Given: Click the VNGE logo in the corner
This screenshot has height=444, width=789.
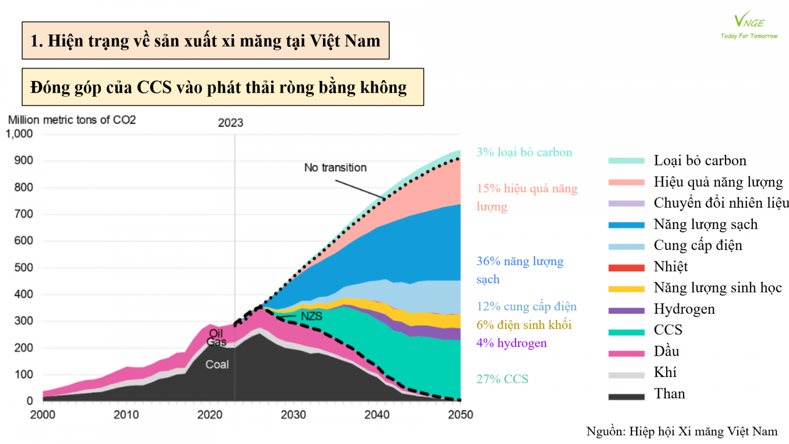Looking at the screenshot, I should pyautogui.click(x=749, y=25).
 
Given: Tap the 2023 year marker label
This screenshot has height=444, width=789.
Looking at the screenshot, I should pyautogui.click(x=230, y=123).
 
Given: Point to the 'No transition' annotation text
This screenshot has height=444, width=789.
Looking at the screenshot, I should pyautogui.click(x=335, y=168).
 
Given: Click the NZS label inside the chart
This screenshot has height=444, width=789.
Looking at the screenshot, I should pyautogui.click(x=312, y=316).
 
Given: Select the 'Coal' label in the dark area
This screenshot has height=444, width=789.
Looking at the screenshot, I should pyautogui.click(x=217, y=365).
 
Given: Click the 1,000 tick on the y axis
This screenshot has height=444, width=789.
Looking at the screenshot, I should pyautogui.click(x=19, y=134).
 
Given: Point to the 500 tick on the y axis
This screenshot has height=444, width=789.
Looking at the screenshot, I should pyautogui.click(x=23, y=267).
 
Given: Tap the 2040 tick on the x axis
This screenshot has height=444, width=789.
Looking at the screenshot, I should pyautogui.click(x=377, y=415).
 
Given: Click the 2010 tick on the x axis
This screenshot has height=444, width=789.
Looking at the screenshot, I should pyautogui.click(x=126, y=415).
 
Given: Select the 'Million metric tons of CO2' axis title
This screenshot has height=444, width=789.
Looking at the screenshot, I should pyautogui.click(x=72, y=120).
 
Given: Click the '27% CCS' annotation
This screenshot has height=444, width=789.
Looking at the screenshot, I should pyautogui.click(x=502, y=379).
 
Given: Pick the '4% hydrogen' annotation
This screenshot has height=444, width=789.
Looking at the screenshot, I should pyautogui.click(x=511, y=343).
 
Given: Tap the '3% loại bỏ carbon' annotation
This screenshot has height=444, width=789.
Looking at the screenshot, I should pyautogui.click(x=524, y=152).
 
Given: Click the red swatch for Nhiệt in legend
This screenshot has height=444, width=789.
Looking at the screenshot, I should pyautogui.click(x=626, y=268).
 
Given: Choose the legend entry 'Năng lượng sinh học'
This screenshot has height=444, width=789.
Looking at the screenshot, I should pyautogui.click(x=717, y=288).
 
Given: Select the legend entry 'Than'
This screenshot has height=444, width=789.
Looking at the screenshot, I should pyautogui.click(x=669, y=394).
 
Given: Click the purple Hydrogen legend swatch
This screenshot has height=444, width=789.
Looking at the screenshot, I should pyautogui.click(x=626, y=310).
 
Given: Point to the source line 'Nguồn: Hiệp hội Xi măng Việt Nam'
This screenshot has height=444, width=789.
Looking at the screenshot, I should pyautogui.click(x=681, y=432).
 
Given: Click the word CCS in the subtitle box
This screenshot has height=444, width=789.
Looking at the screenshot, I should pyautogui.click(x=154, y=87).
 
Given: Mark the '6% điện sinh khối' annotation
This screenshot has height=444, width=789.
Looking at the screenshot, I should pyautogui.click(x=524, y=325).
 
